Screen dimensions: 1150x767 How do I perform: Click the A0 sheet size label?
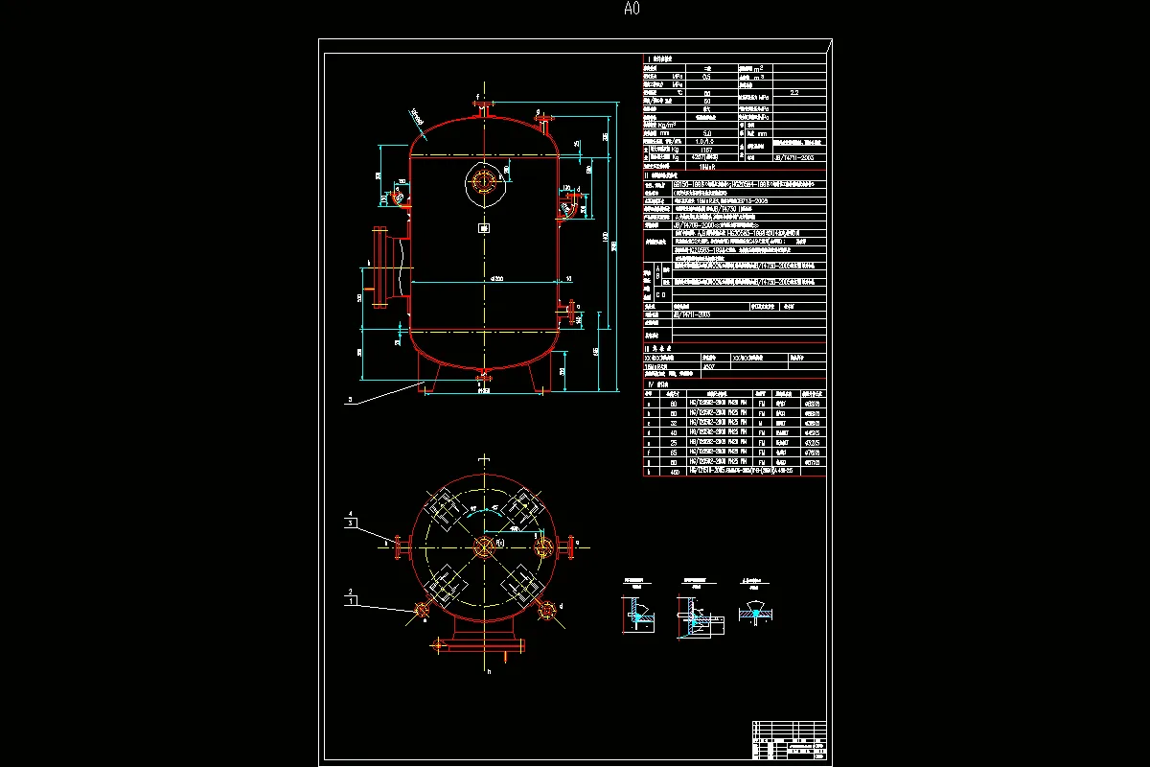631,10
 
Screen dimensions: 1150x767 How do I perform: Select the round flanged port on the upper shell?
484,180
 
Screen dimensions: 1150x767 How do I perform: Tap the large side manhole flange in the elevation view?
379,267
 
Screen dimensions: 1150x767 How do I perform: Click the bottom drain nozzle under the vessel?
483,375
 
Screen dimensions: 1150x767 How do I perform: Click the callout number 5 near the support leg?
351,399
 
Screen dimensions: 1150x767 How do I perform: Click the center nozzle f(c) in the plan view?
483,546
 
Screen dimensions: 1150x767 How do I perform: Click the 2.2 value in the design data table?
793,93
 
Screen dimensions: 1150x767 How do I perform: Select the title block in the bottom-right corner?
789,742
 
